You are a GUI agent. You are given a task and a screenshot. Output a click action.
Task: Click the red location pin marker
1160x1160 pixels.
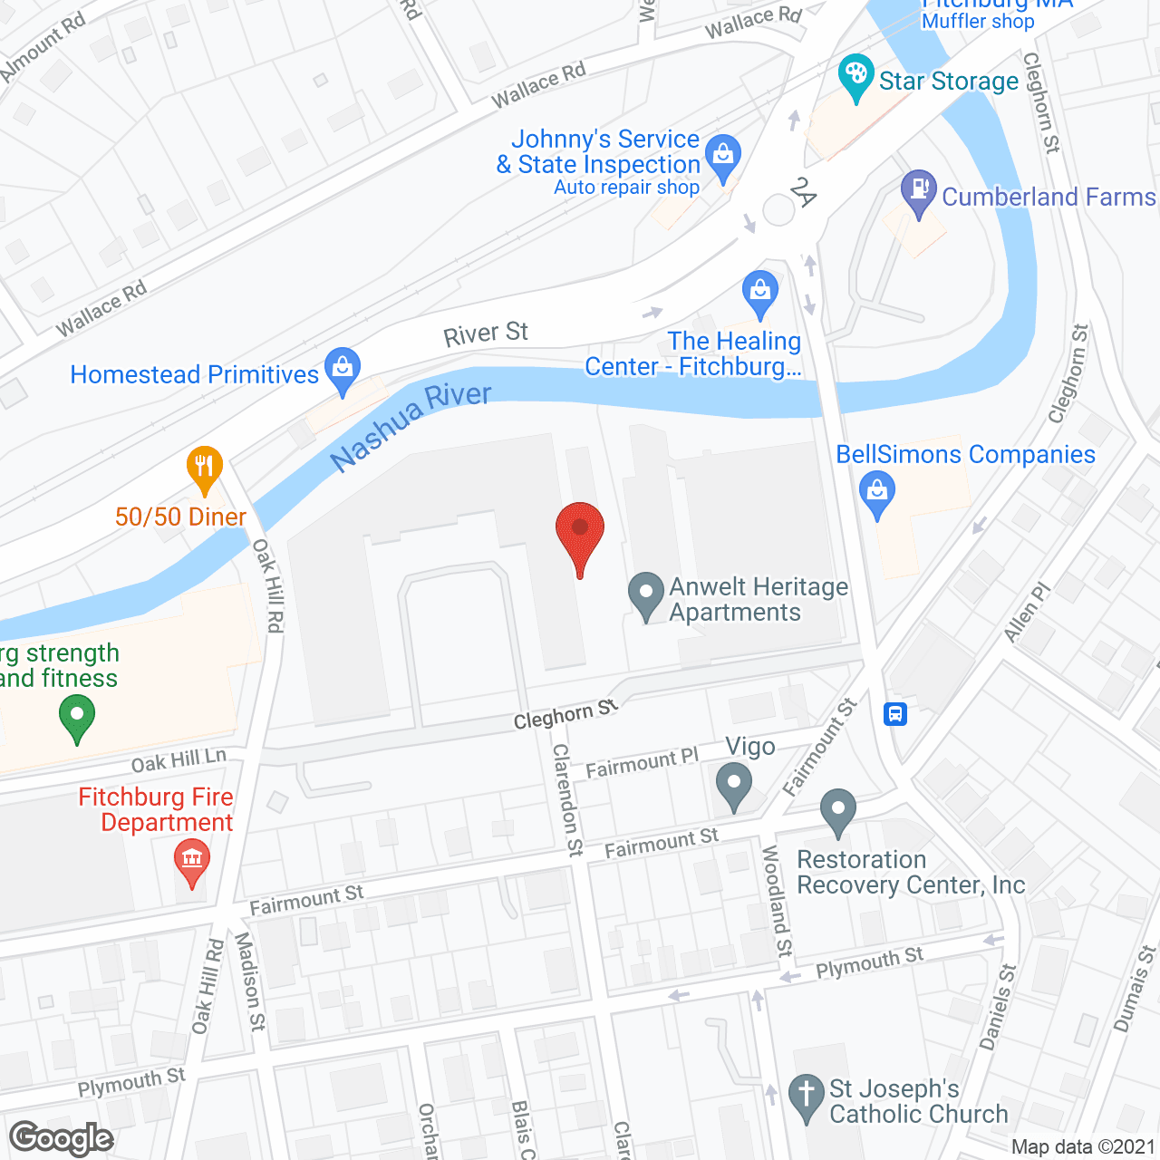579,530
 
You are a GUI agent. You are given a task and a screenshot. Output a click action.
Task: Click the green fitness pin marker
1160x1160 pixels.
77,716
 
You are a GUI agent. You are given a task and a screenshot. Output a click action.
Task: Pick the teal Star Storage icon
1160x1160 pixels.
855,76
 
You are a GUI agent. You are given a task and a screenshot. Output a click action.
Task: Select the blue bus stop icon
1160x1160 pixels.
895,713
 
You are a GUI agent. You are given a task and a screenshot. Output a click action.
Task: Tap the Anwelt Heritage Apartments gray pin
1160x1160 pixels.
646,594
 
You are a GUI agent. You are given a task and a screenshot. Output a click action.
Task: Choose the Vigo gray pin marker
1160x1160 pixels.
734,783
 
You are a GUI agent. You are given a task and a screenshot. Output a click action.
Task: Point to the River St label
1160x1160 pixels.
486,334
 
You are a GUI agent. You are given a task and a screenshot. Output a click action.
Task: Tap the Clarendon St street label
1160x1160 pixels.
568,799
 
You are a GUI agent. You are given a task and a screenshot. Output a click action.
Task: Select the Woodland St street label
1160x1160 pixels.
777,901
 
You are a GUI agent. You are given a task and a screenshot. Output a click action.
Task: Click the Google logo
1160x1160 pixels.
62,1138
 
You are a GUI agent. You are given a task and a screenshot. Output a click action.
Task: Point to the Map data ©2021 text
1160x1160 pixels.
1083,1146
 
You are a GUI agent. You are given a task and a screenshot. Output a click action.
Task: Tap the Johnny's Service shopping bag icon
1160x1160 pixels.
723,156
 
